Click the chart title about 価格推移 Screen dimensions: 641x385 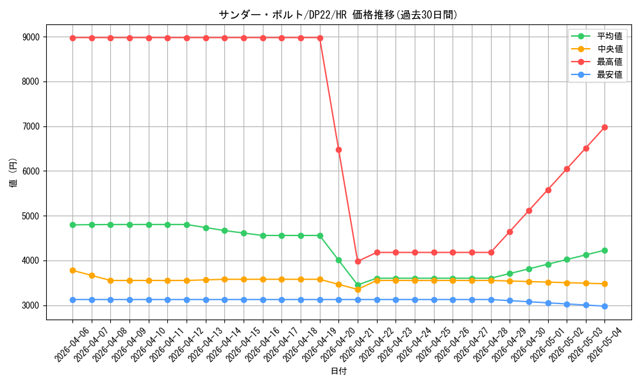[x=338, y=15]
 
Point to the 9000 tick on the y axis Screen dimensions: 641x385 [x=31, y=37]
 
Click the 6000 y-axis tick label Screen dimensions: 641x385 [x=31, y=171]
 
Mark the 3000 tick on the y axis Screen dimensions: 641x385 [x=31, y=305]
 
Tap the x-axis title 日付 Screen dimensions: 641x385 [x=338, y=371]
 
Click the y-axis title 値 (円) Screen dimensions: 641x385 [x=13, y=172]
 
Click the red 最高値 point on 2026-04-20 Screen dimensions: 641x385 [x=338, y=150]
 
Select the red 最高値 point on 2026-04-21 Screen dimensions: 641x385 [x=358, y=261]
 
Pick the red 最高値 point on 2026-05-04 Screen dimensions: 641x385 [x=604, y=127]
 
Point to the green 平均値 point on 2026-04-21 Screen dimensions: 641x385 [x=358, y=285]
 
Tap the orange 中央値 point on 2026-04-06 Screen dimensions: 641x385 [x=73, y=270]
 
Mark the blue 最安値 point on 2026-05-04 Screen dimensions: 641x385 [x=604, y=306]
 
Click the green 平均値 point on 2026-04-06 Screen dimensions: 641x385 [x=73, y=225]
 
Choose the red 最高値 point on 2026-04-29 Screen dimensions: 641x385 [x=510, y=232]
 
